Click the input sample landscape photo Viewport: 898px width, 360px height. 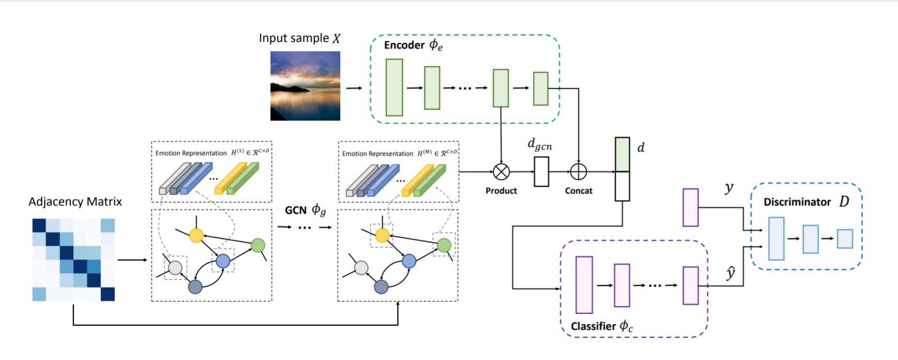[305, 86]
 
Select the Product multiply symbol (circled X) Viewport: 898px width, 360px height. [501, 172]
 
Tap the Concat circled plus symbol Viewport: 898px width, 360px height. [578, 172]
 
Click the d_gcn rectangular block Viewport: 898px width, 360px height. [541, 172]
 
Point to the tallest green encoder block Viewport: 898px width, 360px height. [394, 87]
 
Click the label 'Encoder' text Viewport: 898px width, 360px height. [404, 45]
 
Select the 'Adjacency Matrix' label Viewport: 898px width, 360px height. [75, 202]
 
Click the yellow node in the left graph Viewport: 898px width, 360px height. [196, 236]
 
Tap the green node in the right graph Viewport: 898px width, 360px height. [444, 245]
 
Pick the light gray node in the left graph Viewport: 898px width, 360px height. [175, 267]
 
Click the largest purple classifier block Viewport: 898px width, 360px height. [584, 284]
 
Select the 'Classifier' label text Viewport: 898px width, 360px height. [593, 326]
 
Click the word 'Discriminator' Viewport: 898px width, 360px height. [797, 202]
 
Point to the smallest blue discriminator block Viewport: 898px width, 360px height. [845, 238]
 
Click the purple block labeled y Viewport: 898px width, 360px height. [691, 207]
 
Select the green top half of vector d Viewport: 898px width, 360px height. [622, 154]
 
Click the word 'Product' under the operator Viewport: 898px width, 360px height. [501, 191]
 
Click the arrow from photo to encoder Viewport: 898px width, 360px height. [354, 88]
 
